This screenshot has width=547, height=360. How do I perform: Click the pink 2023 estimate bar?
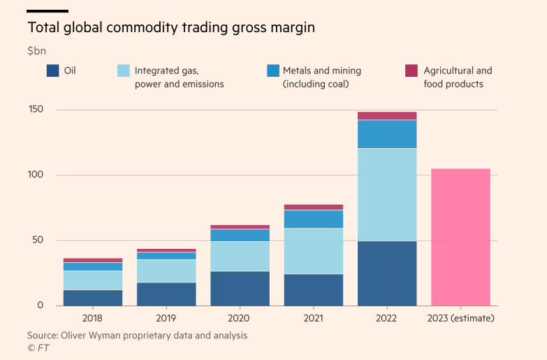click(460, 237)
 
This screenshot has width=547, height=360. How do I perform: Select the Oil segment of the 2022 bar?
click(387, 273)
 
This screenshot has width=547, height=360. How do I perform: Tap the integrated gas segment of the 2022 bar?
click(387, 195)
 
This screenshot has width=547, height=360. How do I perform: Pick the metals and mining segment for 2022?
click(387, 134)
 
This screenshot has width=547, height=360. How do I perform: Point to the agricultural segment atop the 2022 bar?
click(387, 116)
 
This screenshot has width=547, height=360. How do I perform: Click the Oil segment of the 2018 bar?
click(93, 298)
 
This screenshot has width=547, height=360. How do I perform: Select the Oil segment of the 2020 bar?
click(240, 288)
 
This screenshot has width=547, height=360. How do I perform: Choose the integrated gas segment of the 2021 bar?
click(314, 251)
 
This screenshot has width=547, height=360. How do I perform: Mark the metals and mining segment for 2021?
click(314, 219)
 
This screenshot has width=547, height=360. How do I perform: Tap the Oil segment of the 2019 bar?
click(166, 294)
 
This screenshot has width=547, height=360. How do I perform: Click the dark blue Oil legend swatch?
click(52, 71)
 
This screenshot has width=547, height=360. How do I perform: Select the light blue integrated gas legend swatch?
click(122, 71)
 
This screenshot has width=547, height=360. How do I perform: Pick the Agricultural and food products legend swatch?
click(411, 71)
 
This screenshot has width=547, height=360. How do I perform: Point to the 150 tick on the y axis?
click(36, 110)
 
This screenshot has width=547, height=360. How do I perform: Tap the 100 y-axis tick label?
click(36, 175)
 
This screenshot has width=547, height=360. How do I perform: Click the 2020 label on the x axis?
click(240, 318)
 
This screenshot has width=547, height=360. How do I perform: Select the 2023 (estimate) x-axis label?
click(460, 318)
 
